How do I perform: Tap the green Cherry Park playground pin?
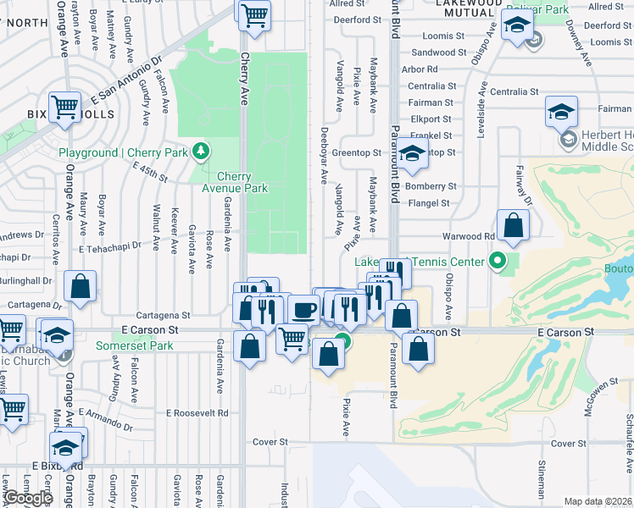point(201,152)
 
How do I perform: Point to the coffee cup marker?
point(303,311)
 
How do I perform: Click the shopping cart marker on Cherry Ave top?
point(254,15)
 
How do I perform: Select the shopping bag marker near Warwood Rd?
point(514,226)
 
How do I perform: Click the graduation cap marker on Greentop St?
point(412,155)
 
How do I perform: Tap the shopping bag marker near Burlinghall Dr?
point(80,287)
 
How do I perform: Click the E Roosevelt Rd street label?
point(197,413)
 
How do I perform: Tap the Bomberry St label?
point(431,186)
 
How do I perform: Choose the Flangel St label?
point(428,203)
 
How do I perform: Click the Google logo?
point(28,498)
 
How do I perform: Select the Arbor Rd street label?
point(420,69)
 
